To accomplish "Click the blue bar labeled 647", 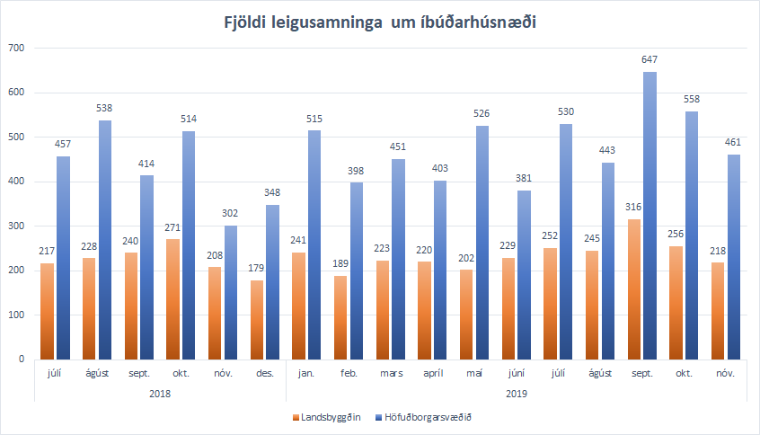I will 650,216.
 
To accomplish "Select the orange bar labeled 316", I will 634,289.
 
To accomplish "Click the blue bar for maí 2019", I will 482,242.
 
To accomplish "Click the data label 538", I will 105,108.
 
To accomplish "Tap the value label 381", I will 525,178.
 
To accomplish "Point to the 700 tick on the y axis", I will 14,48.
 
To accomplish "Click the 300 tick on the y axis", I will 14,226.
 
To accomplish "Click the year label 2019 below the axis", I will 516,393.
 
